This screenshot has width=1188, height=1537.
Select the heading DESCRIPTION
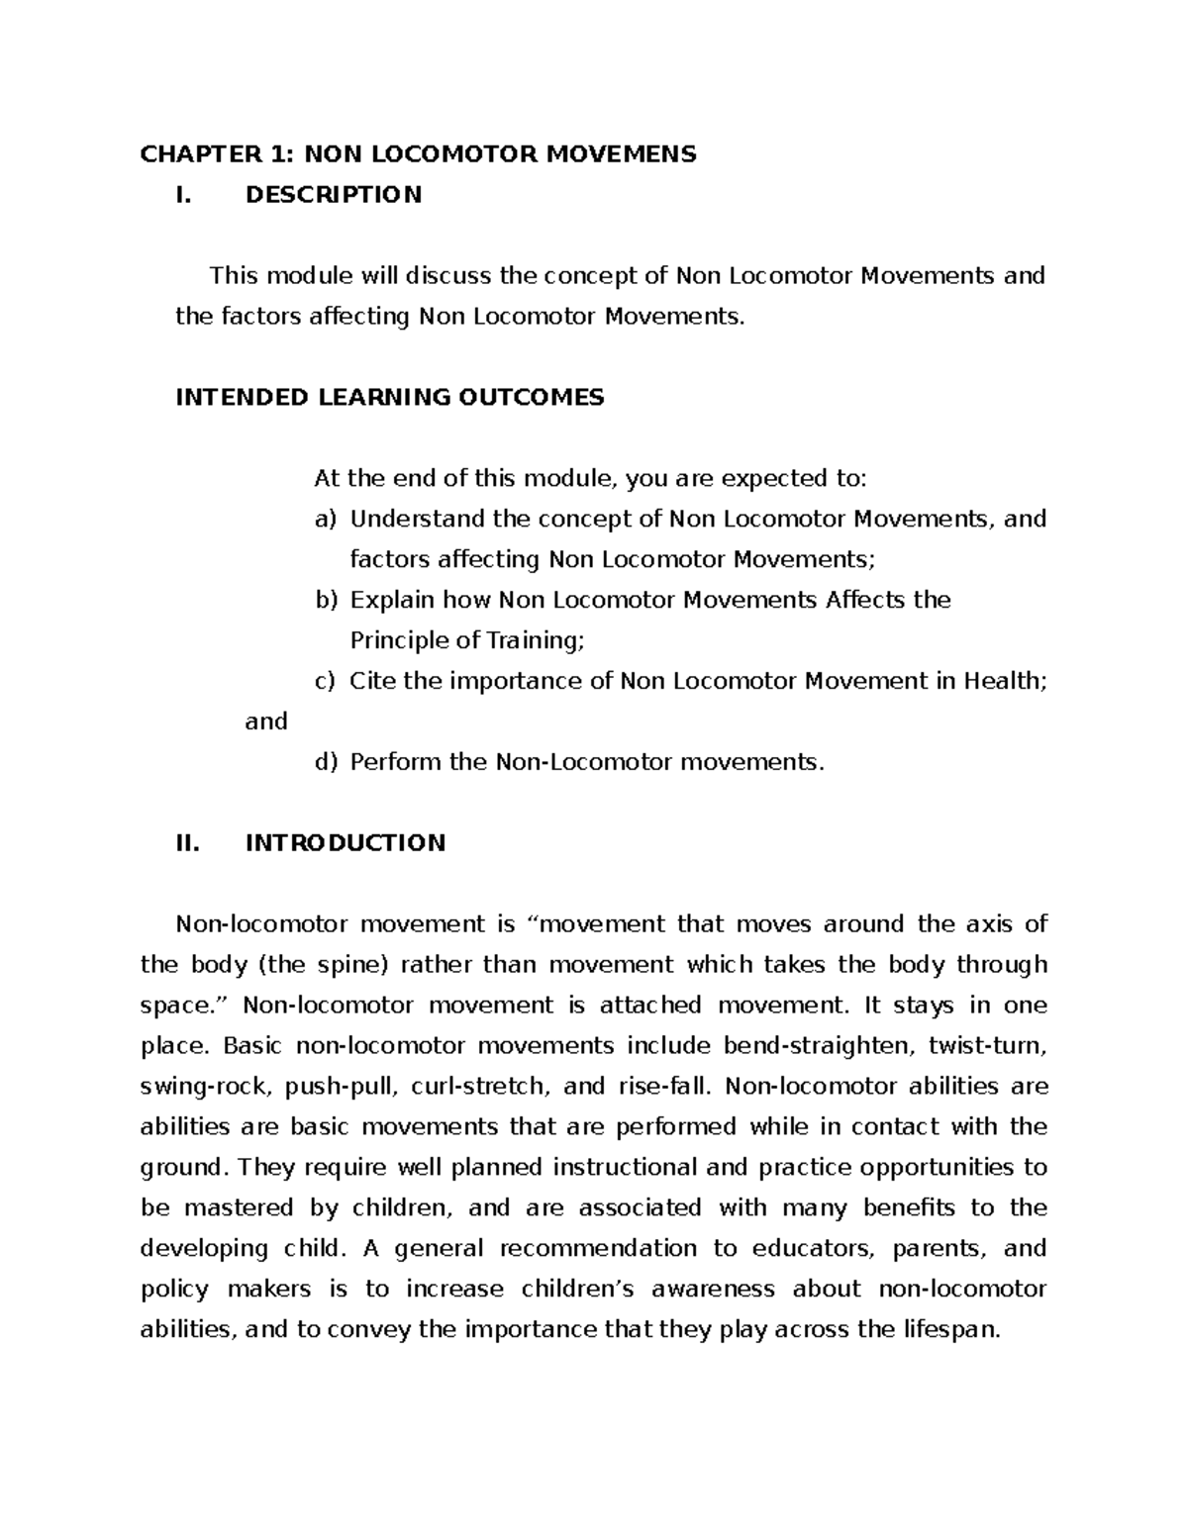coord(333,194)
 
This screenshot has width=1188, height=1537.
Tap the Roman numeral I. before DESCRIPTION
coord(181,194)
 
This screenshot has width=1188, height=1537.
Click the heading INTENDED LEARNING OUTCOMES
coord(389,397)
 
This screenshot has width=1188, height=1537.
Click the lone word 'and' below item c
coord(265,721)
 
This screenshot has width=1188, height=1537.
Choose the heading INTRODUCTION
coord(345,842)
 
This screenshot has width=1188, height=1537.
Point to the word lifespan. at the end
coord(950,1330)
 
